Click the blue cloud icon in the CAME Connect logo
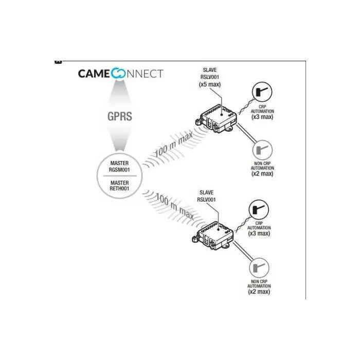click(118, 74)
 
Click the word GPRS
click(120, 116)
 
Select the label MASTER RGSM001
click(119, 167)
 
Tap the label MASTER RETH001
click(119, 186)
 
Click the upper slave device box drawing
click(216, 118)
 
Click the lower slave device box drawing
click(212, 236)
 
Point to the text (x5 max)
click(210, 84)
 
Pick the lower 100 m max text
click(175, 206)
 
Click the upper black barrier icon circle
click(262, 92)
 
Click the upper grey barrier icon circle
click(262, 150)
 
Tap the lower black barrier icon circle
click(259, 210)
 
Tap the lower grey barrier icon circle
click(259, 268)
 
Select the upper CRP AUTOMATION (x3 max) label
click(262, 112)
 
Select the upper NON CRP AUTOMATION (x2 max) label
click(262, 169)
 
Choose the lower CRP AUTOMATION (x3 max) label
click(259, 229)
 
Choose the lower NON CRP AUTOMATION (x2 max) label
click(259, 287)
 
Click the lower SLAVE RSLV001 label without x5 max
click(206, 196)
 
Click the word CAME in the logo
click(94, 74)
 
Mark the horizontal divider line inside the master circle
click(120, 176)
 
